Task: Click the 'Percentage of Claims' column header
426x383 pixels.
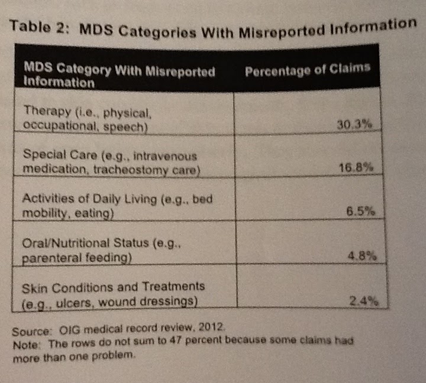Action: (308, 69)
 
